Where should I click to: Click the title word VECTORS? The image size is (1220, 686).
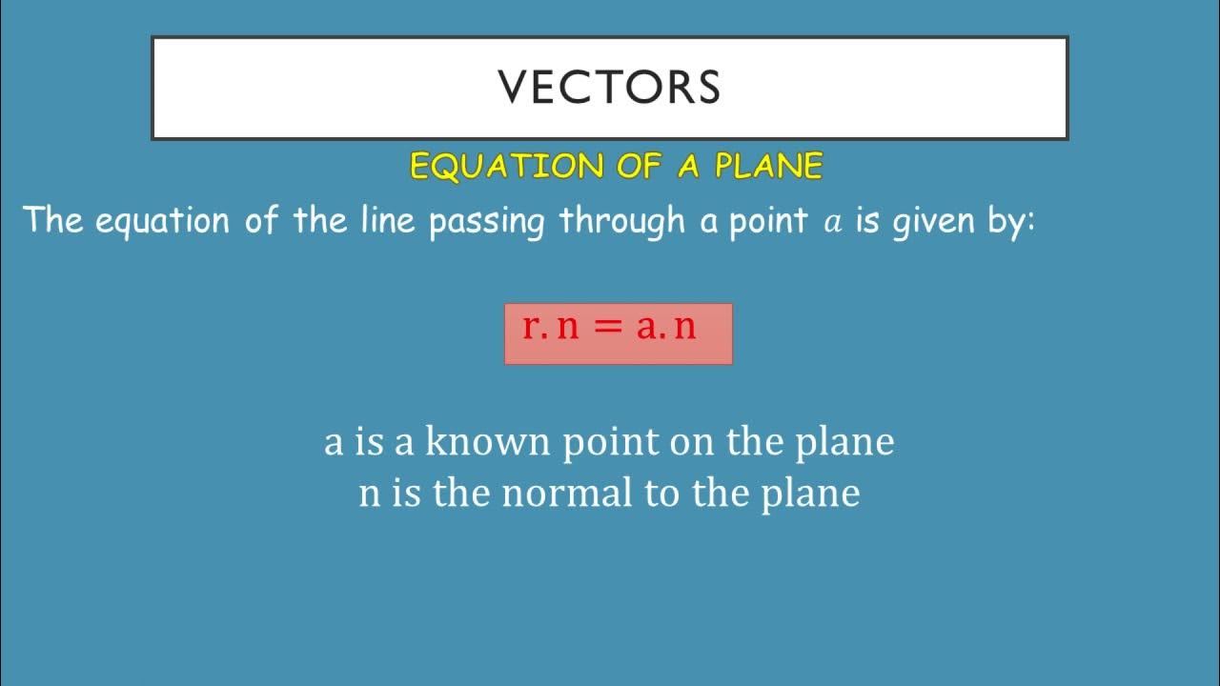point(609,87)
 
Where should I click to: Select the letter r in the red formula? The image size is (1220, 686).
point(531,328)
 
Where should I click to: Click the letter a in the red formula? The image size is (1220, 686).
point(647,328)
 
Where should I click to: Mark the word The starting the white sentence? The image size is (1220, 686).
point(54,220)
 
